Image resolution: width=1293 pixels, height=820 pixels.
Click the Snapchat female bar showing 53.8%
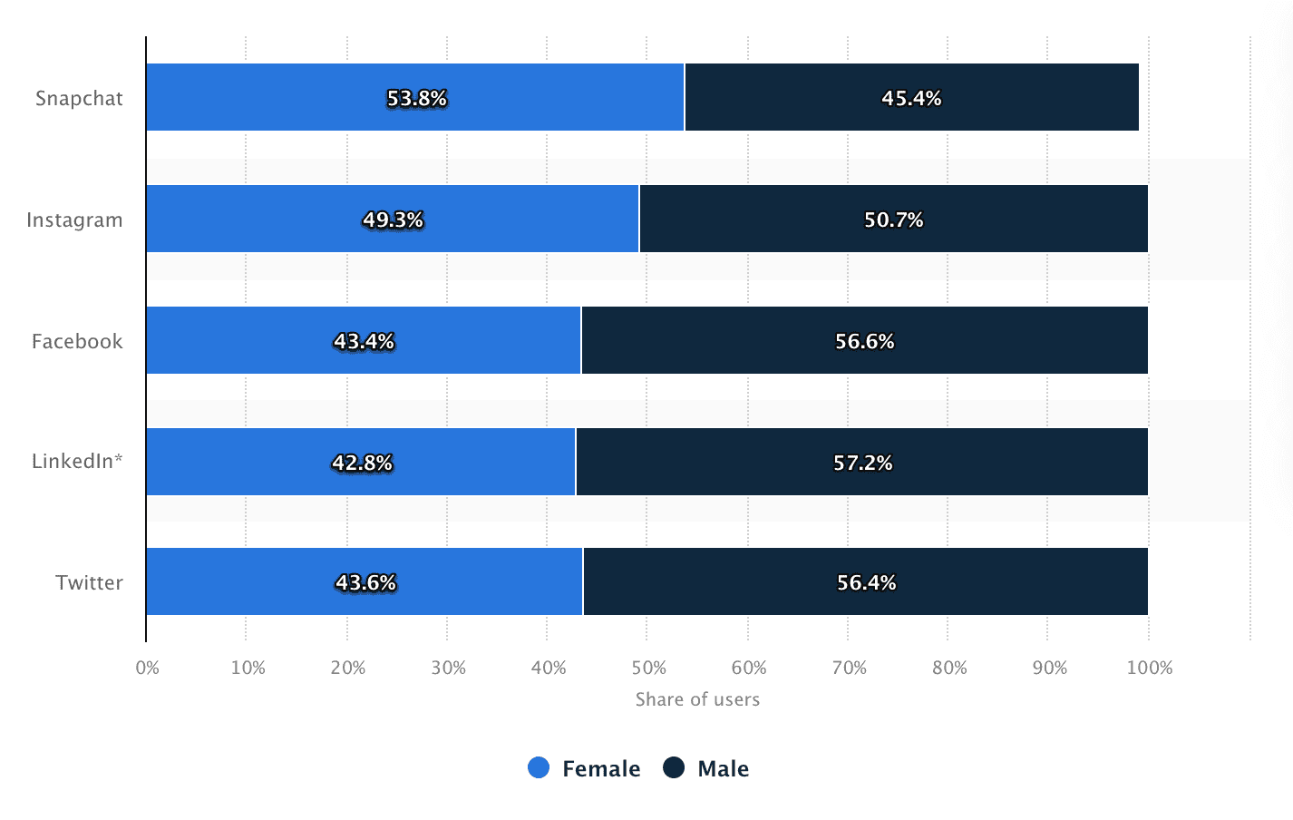pyautogui.click(x=272, y=97)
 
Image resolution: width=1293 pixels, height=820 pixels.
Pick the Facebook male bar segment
pyautogui.click(x=997, y=340)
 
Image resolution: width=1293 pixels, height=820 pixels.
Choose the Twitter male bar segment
pyautogui.click(x=997, y=581)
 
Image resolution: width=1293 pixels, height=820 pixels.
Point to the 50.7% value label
pyautogui.click(x=893, y=220)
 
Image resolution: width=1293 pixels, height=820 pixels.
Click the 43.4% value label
pyautogui.click(x=364, y=341)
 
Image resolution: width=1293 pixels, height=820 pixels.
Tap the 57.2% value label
pyautogui.click(x=862, y=463)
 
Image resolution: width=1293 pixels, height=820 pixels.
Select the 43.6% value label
pyautogui.click(x=365, y=582)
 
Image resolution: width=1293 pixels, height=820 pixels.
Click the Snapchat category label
pyautogui.click(x=79, y=98)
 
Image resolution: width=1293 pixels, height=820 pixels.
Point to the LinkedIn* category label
pyautogui.click(x=77, y=461)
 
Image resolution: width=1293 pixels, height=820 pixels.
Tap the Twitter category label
pyautogui.click(x=89, y=582)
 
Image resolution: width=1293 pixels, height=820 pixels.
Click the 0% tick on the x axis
pyautogui.click(x=147, y=669)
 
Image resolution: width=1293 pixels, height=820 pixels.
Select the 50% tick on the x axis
pyautogui.click(x=648, y=669)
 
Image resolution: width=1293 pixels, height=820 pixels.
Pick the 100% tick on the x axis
pyautogui.click(x=1149, y=669)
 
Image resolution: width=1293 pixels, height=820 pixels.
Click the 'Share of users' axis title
pyautogui.click(x=697, y=699)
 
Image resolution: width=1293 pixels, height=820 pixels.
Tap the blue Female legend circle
pyautogui.click(x=539, y=768)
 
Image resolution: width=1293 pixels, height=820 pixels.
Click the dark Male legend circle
pyautogui.click(x=674, y=768)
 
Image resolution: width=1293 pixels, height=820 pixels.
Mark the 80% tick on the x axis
pyautogui.click(x=949, y=669)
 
